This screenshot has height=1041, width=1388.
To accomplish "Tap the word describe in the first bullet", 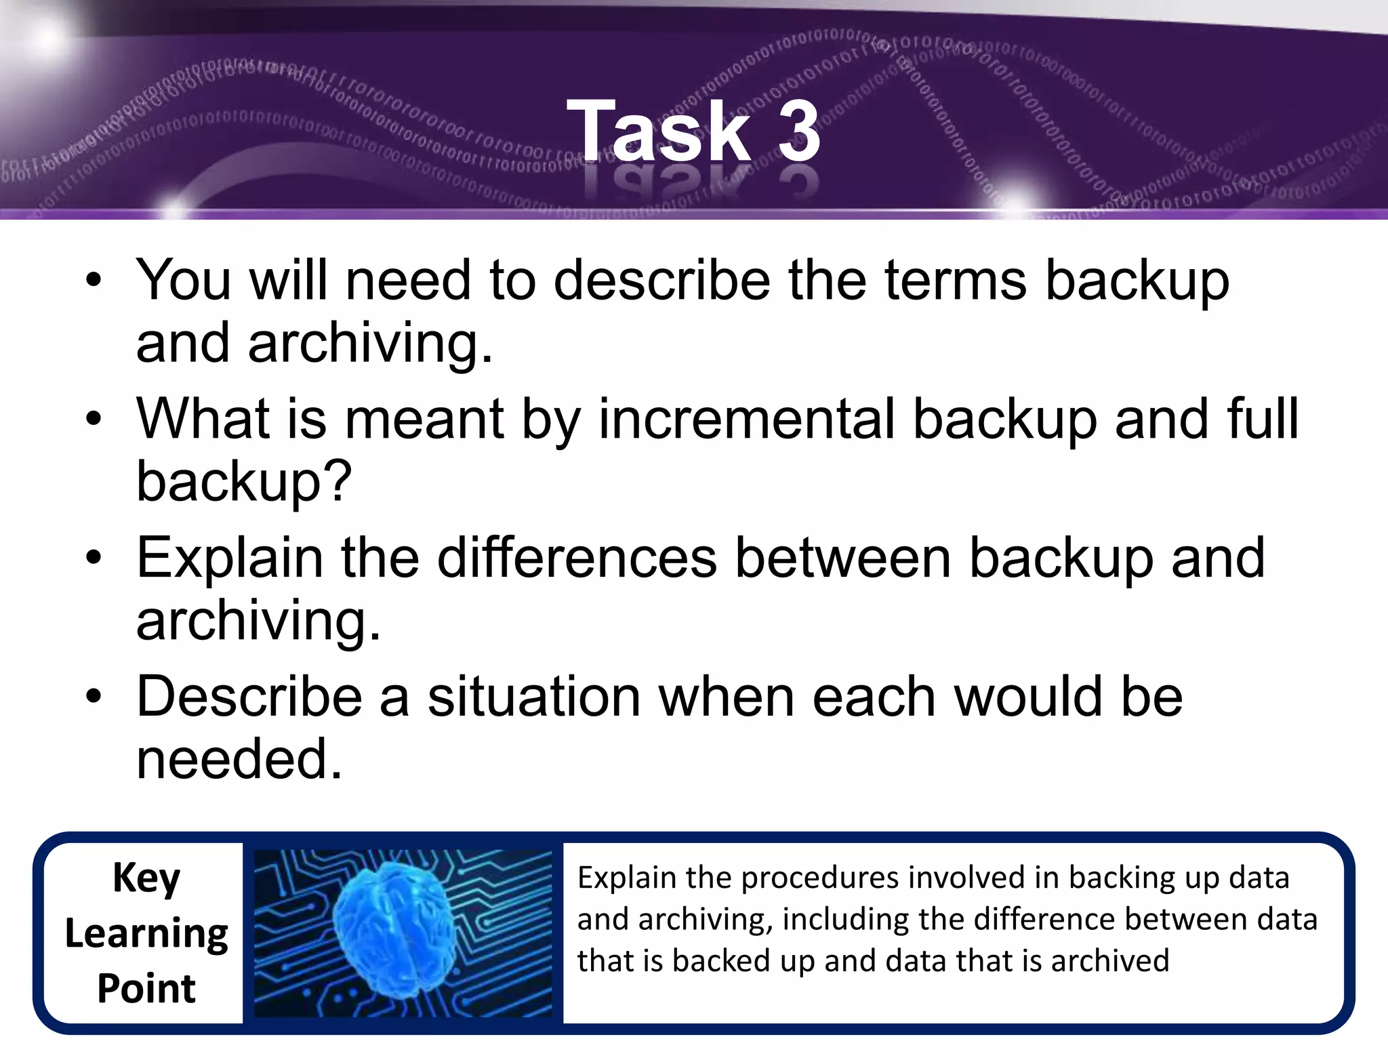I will (661, 280).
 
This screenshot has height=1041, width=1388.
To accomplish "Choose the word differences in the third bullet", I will (577, 558).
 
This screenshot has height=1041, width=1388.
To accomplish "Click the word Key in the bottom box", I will (146, 878).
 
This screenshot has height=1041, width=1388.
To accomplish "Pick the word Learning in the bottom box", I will (146, 934).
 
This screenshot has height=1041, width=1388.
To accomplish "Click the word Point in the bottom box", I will (146, 988).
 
